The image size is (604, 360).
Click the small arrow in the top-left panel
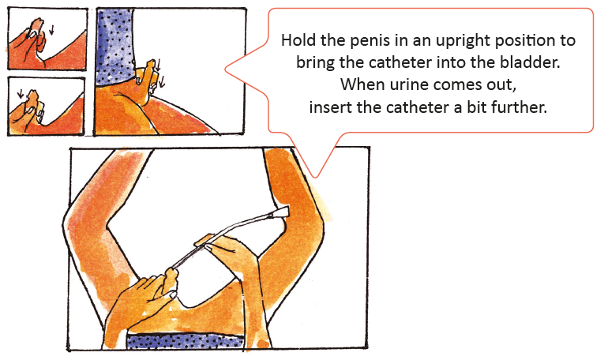[51, 30]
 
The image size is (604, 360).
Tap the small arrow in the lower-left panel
[21, 94]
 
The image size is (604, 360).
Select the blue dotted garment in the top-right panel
[114, 46]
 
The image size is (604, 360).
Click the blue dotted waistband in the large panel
[185, 341]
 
